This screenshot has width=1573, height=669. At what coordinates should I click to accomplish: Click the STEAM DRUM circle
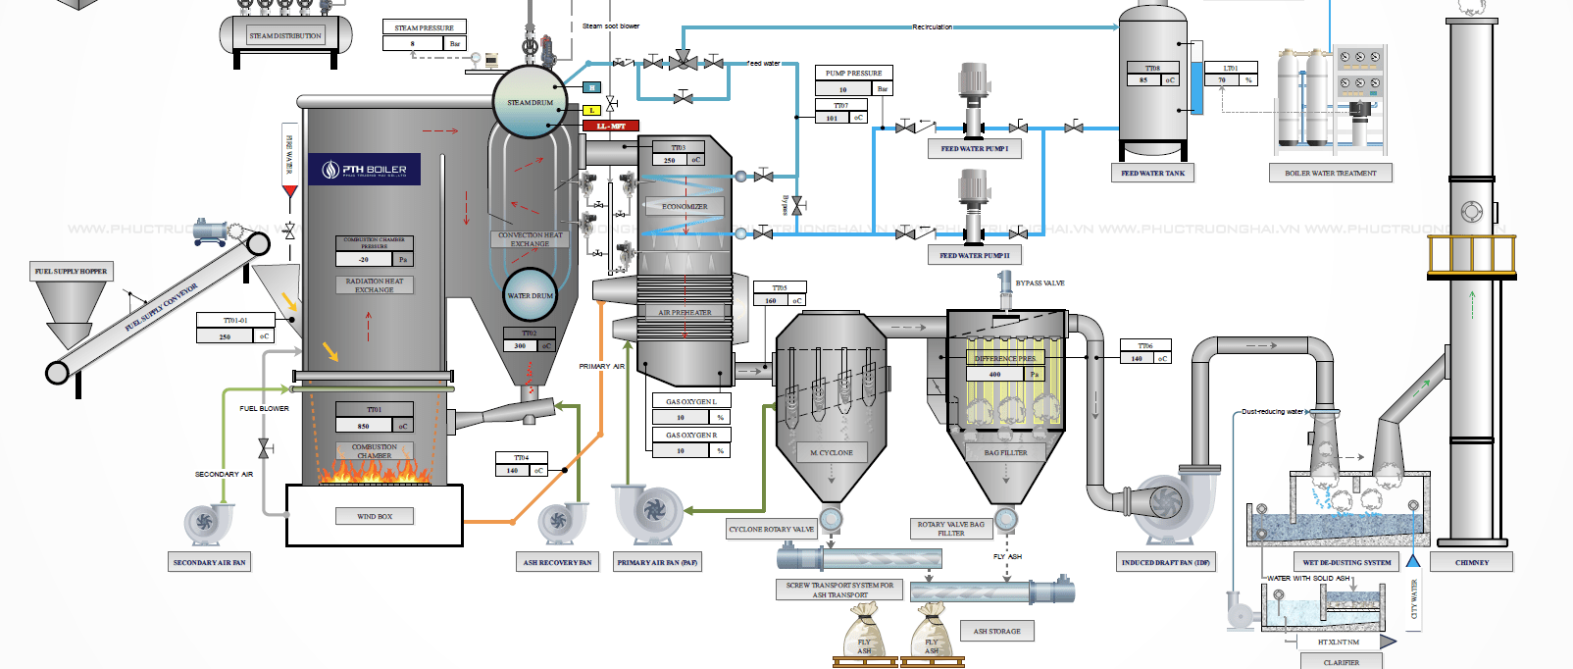(530, 102)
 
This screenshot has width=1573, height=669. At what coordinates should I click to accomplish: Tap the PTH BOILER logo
(365, 170)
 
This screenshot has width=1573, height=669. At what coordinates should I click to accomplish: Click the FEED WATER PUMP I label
(974, 149)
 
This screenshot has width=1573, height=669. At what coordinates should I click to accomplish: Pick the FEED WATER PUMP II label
(974, 255)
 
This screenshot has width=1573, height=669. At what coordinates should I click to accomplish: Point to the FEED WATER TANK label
(1152, 174)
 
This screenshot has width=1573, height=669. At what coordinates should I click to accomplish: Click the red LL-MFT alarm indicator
(611, 126)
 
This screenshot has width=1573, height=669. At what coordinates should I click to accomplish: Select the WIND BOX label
(374, 516)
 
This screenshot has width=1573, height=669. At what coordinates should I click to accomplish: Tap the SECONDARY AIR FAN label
(209, 563)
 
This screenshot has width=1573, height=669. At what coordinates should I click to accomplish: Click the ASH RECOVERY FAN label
(557, 563)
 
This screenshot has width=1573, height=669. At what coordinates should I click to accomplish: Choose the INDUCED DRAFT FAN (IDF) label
(1166, 563)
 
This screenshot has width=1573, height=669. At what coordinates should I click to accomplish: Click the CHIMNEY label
(1471, 563)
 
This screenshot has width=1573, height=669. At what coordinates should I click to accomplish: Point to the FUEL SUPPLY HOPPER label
(71, 272)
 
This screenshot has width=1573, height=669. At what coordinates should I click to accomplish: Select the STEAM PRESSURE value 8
(413, 44)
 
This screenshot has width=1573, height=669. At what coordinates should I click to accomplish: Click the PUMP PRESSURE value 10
(843, 89)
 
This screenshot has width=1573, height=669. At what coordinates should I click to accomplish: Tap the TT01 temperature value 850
(364, 426)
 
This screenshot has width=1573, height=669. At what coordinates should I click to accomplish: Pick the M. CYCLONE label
(831, 453)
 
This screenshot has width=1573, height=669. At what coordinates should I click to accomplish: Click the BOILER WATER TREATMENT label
(1330, 174)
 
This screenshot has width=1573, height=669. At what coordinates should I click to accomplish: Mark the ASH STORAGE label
(996, 632)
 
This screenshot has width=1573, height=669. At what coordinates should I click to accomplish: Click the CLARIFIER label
(1341, 662)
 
